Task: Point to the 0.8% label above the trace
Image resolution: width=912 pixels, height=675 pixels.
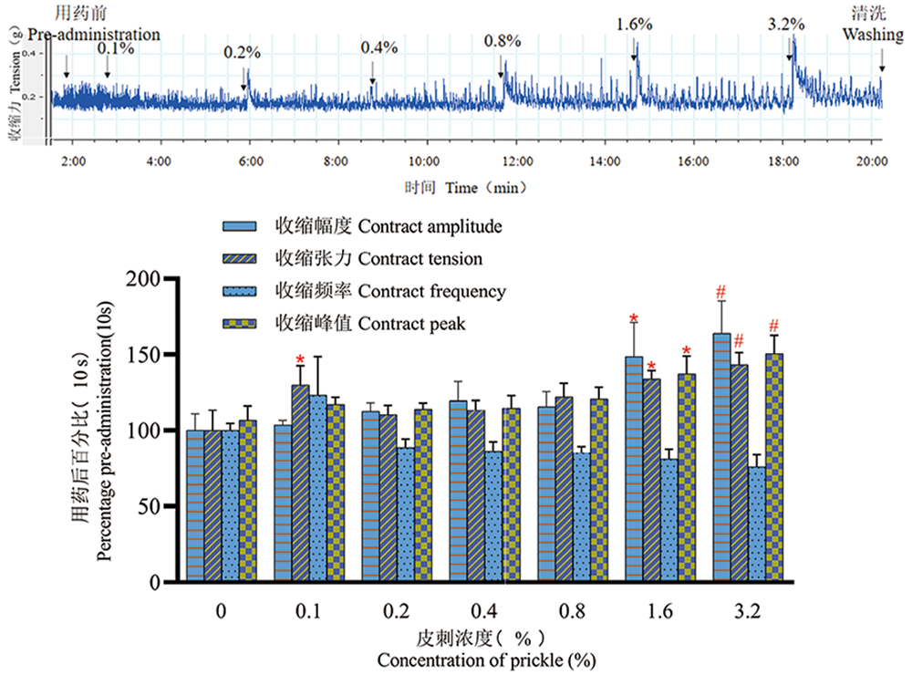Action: (503, 41)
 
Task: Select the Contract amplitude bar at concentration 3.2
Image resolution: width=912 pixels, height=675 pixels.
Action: (720, 457)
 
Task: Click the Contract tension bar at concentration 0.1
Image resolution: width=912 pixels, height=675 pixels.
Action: (301, 483)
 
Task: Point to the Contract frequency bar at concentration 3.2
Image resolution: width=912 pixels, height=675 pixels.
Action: (756, 524)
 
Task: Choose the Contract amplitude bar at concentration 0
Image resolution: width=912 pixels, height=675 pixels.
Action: (195, 505)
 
